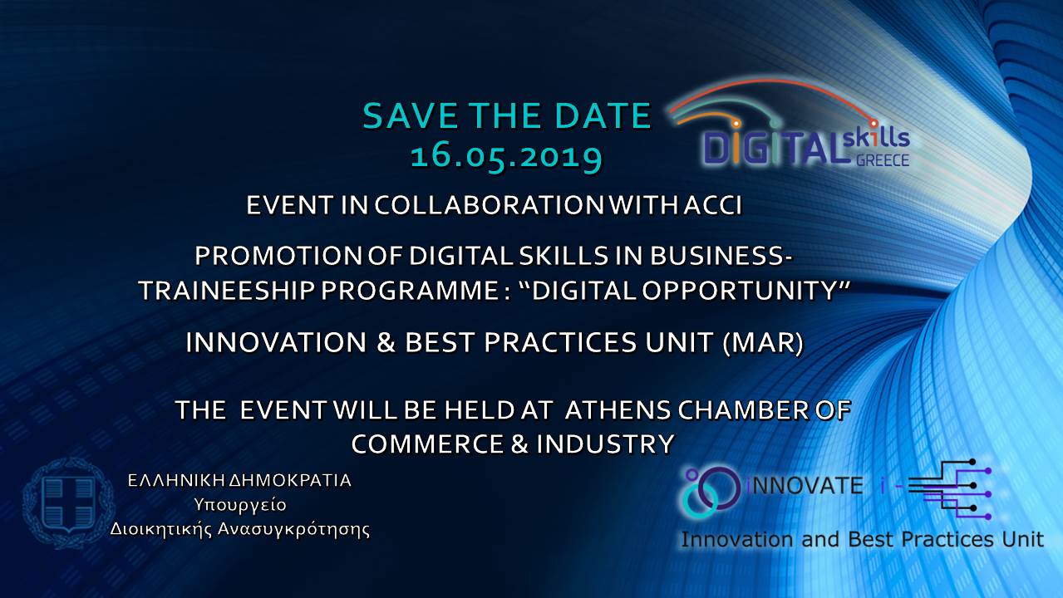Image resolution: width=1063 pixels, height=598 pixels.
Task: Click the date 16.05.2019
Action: click(x=506, y=156)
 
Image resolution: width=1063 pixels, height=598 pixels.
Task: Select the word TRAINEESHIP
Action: click(x=226, y=290)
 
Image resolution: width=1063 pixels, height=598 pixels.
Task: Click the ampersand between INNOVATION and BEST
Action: click(x=386, y=342)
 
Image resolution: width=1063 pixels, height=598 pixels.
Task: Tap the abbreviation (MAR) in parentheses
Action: click(x=763, y=342)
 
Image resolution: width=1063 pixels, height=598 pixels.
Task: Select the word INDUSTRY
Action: click(x=605, y=444)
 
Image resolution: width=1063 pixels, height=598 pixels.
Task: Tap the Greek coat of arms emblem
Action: click(x=69, y=503)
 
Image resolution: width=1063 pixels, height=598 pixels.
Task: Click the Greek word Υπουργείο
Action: click(x=240, y=506)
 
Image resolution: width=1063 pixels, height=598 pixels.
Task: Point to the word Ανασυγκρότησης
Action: click(x=293, y=529)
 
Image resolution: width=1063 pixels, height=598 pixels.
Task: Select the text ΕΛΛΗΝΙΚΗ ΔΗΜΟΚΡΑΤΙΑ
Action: click(x=239, y=480)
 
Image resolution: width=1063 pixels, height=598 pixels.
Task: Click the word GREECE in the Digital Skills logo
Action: click(x=882, y=160)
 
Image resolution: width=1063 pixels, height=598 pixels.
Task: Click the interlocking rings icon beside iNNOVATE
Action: click(x=711, y=492)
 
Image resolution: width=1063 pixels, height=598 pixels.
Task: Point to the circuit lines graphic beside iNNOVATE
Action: click(x=950, y=489)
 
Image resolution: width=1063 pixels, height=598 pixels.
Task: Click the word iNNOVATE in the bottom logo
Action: click(x=805, y=486)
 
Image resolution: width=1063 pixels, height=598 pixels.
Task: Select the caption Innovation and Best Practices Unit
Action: click(x=862, y=540)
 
